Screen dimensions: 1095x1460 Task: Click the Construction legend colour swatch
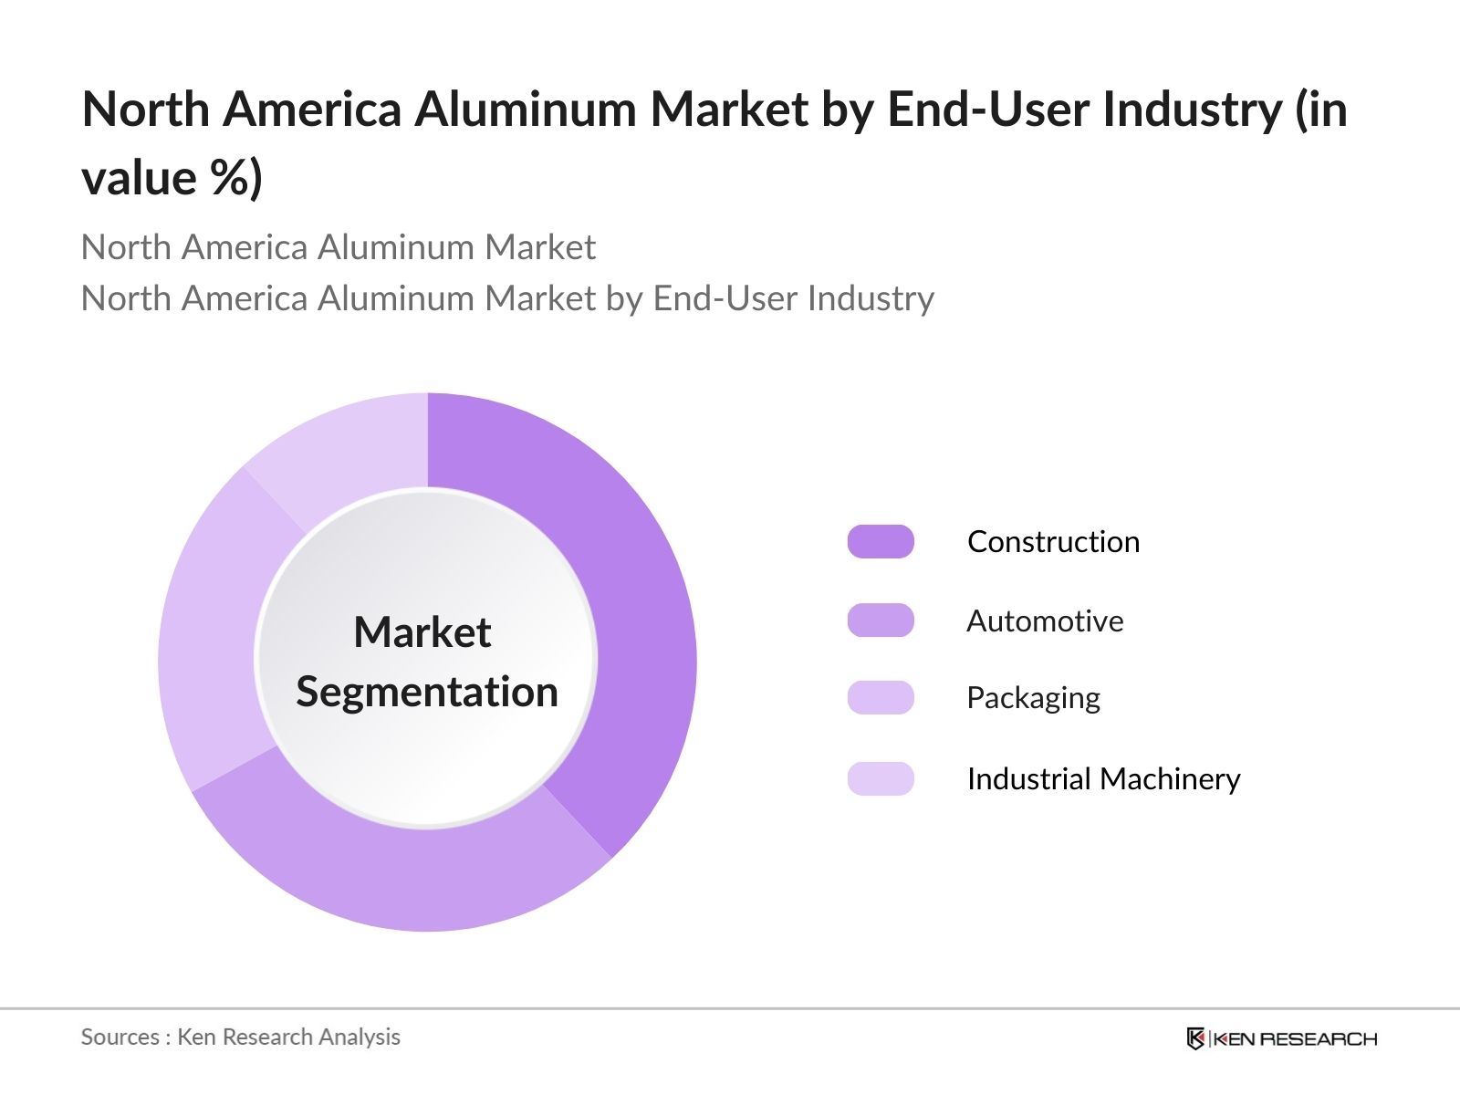(881, 541)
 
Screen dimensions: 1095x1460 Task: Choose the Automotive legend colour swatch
(881, 620)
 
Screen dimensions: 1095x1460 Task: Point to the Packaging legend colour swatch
(881, 697)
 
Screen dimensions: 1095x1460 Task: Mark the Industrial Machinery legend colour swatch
(881, 778)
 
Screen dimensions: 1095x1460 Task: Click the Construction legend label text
(1053, 542)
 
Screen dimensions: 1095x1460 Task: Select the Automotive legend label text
(1045, 621)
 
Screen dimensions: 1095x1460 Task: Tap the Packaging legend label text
(1033, 698)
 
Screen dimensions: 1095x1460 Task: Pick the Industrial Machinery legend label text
(1103, 779)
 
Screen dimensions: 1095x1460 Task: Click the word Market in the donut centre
(422, 632)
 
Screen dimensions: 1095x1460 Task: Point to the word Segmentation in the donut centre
(427, 692)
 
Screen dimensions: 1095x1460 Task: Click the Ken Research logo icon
(1195, 1038)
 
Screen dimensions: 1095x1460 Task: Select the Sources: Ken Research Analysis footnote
(241, 1037)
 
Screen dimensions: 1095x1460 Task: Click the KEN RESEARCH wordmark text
(1296, 1038)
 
